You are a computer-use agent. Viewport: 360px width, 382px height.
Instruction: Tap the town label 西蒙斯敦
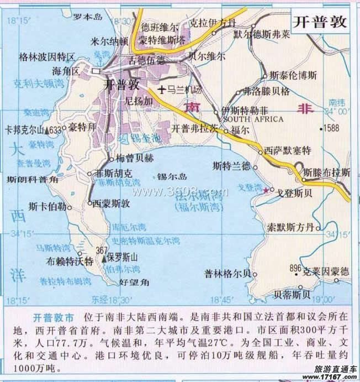111,203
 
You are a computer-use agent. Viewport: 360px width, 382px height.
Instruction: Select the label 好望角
134,282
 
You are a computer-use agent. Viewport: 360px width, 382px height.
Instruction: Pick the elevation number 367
101,250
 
